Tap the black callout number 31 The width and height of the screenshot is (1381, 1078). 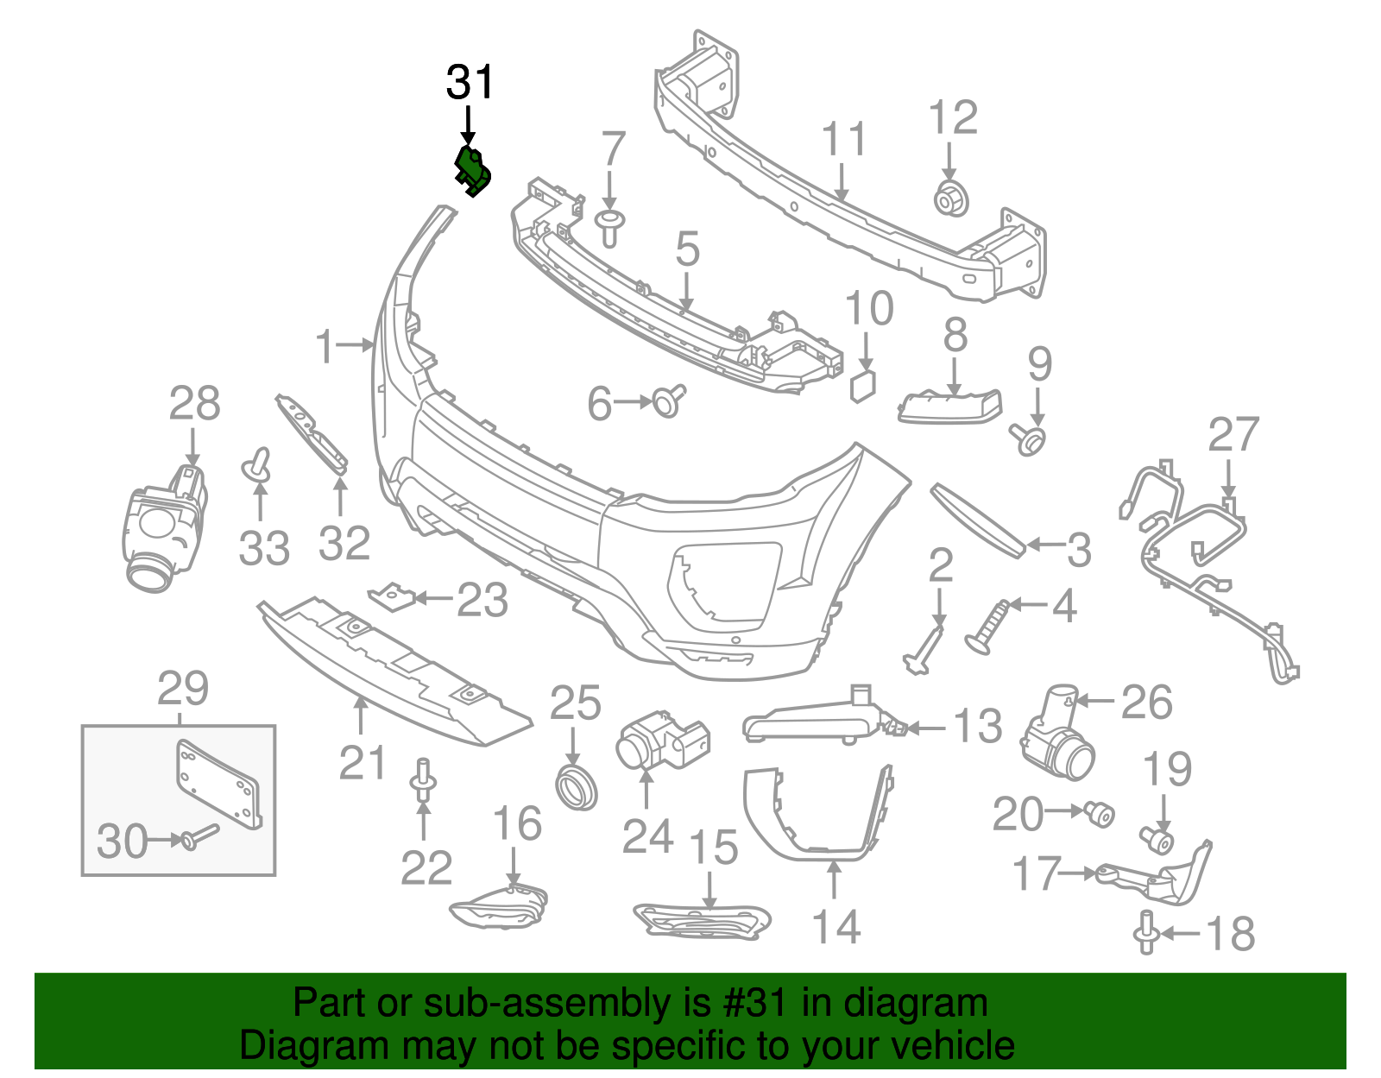click(470, 83)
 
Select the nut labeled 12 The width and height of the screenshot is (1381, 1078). click(951, 200)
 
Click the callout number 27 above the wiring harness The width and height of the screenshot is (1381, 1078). click(1233, 434)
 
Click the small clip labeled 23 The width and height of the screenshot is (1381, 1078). click(392, 597)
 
